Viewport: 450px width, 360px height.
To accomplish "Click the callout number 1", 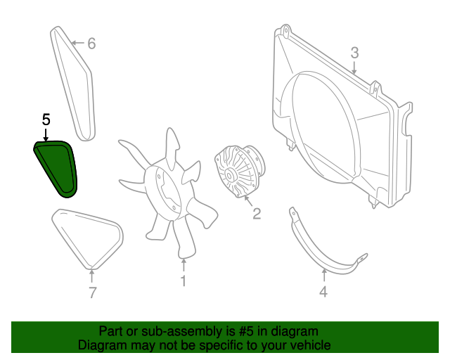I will [183, 282].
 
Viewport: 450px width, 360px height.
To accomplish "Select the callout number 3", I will [354, 52].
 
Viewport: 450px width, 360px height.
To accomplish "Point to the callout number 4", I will [323, 292].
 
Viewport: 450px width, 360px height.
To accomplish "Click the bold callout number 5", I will [46, 120].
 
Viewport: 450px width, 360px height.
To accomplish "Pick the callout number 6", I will [91, 44].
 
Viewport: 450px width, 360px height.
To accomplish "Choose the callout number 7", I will [92, 292].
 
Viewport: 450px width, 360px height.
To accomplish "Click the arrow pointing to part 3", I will [354, 67].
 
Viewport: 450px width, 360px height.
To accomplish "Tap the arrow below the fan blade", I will [184, 266].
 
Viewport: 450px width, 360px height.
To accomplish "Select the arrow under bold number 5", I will [46, 134].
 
